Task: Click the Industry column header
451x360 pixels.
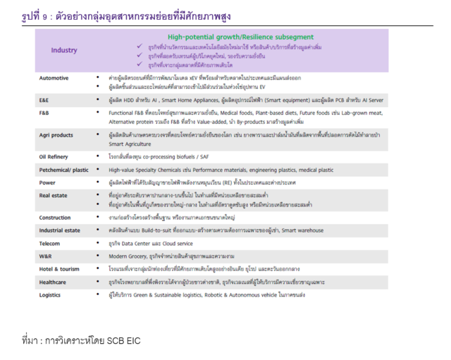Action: tap(64, 50)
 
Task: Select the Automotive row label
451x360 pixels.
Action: tap(54, 77)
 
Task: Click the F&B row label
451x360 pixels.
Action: tap(44, 113)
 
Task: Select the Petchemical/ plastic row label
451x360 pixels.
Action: tap(63, 169)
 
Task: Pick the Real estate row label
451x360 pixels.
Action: tap(54, 195)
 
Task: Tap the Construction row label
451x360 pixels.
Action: tap(55, 217)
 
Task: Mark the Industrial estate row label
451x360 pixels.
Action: tap(60, 230)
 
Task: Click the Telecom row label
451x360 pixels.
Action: tap(50, 242)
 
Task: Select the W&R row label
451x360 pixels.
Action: tap(45, 255)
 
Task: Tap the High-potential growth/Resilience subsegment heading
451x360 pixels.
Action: tap(240, 36)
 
